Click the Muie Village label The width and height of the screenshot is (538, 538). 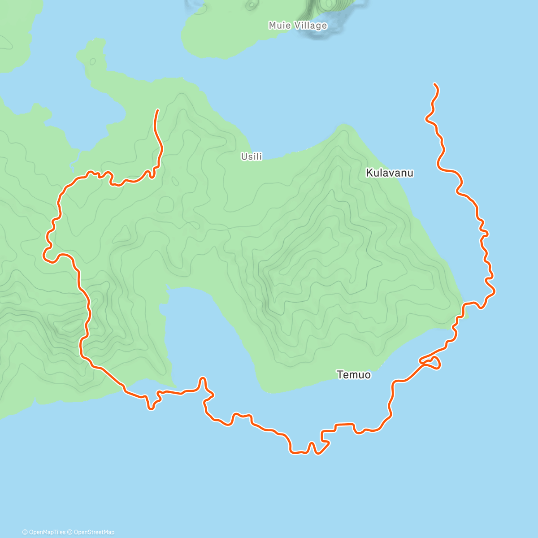(x=298, y=26)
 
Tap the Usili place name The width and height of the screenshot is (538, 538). (x=252, y=156)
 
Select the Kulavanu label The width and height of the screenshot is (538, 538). (x=390, y=173)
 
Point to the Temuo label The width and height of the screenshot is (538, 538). (x=354, y=374)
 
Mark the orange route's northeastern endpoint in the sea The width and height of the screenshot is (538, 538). (x=434, y=84)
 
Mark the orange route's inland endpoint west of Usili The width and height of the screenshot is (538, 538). (x=158, y=110)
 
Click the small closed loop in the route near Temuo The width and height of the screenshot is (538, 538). (x=431, y=363)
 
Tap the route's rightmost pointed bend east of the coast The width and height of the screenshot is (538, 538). (x=495, y=291)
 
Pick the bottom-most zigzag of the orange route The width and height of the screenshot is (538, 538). (x=309, y=448)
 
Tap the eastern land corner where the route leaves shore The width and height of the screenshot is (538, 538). (x=464, y=309)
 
